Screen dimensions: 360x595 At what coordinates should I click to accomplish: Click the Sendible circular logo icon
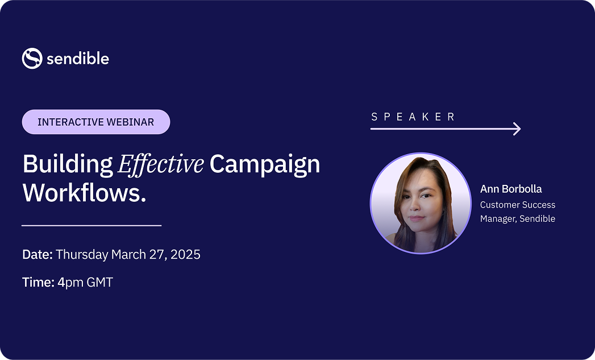[x=32, y=59]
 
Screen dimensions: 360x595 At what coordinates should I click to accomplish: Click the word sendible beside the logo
[x=78, y=59]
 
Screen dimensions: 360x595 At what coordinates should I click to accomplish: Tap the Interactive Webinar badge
[x=95, y=122]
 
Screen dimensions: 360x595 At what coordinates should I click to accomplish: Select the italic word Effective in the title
[x=161, y=164]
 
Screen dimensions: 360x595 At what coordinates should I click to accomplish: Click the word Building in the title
[x=67, y=164]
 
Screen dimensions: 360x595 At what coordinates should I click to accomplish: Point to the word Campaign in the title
[x=265, y=164]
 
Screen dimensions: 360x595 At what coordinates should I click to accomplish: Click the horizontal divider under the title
[x=91, y=226]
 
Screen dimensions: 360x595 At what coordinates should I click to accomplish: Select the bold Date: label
[x=38, y=254]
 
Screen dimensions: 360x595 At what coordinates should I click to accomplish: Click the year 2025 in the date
[x=185, y=254]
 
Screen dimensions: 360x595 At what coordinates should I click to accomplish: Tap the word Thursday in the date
[x=82, y=254]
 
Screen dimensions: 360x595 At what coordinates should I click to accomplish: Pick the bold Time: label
[x=38, y=282]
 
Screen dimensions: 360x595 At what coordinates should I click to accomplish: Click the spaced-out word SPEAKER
[x=413, y=117]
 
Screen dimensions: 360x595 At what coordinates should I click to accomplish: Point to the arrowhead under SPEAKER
[x=517, y=129]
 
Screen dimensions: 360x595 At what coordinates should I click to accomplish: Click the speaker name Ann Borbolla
[x=511, y=189]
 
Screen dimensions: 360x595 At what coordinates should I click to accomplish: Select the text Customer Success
[x=518, y=205]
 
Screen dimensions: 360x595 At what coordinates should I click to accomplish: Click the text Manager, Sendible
[x=518, y=218]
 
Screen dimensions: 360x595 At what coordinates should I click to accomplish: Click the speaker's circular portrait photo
[x=421, y=203]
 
